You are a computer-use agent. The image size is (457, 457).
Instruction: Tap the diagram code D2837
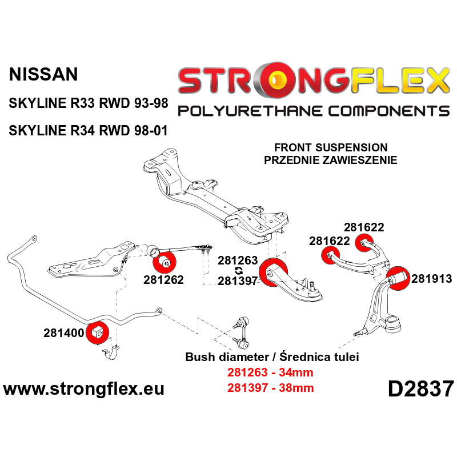click(420, 390)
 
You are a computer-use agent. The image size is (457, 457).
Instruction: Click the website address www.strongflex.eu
click(84, 390)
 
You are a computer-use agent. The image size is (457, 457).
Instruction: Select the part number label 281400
click(63, 332)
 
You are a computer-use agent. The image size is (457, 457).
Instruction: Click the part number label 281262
click(163, 280)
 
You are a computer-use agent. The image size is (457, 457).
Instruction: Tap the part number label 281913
click(432, 279)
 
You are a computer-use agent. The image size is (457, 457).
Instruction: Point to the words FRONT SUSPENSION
click(330, 147)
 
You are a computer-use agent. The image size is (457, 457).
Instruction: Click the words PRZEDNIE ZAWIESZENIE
click(330, 160)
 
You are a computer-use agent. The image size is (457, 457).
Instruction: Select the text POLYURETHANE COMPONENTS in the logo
click(313, 110)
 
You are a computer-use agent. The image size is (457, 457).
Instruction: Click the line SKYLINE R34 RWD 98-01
click(89, 130)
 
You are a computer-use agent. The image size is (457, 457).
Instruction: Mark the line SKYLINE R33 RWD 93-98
click(89, 105)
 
